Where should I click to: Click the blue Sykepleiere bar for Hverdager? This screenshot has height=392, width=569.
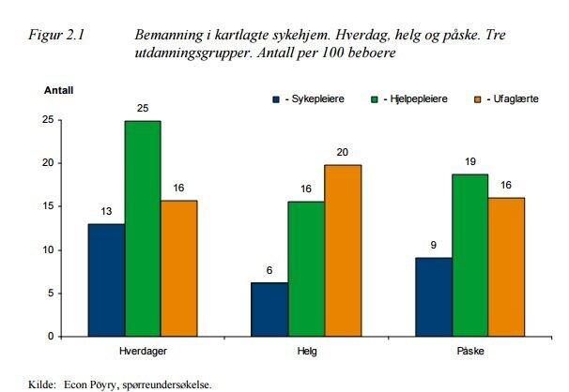[x=105, y=279]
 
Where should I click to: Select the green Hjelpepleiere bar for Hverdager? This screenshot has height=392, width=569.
[x=142, y=228]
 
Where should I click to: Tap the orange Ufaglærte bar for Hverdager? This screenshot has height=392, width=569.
[x=178, y=268]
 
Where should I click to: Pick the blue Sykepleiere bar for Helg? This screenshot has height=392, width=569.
[x=270, y=309]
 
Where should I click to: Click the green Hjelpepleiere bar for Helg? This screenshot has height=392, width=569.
[x=306, y=268]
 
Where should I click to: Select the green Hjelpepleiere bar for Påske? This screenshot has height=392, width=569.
[x=470, y=255]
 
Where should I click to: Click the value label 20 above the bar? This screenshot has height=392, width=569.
[x=343, y=153]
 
